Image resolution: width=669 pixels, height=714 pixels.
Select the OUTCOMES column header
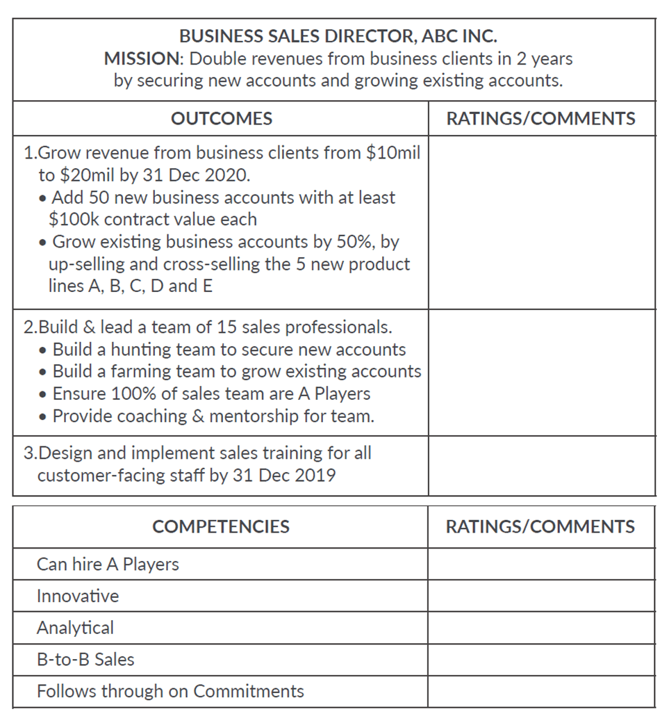221,119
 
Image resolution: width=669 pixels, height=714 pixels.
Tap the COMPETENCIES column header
221,527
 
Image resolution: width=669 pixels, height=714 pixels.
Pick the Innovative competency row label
78,597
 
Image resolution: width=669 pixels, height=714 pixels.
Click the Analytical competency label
75,628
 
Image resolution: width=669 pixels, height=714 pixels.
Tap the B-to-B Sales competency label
85,660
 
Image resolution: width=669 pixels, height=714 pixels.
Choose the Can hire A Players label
108,565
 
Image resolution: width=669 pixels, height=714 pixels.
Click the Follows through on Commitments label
170,692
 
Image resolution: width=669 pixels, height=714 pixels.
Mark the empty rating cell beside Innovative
541,597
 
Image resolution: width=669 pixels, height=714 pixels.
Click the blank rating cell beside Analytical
541,628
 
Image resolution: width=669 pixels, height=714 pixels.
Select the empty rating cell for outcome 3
541,465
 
